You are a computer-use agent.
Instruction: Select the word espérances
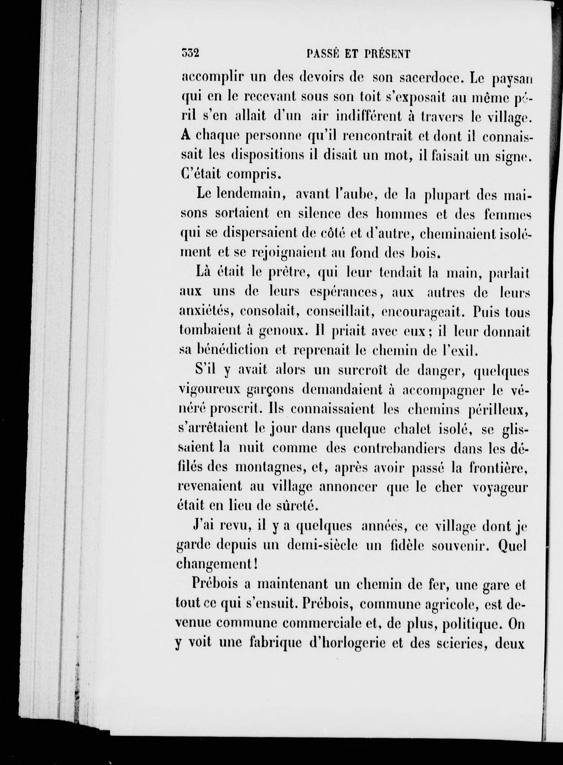tap(345, 292)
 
